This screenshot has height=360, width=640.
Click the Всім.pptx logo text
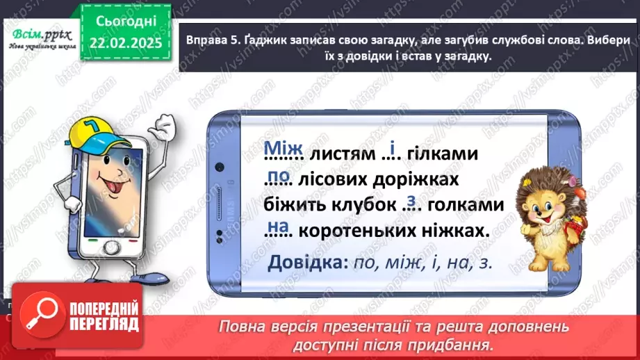click(38, 34)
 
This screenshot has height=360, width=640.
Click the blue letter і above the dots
click(392, 148)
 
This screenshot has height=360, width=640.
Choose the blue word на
click(278, 227)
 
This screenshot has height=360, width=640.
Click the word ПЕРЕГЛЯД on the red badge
click(103, 325)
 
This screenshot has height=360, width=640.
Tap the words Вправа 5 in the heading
click(211, 42)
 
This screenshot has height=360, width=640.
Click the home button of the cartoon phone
click(112, 247)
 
